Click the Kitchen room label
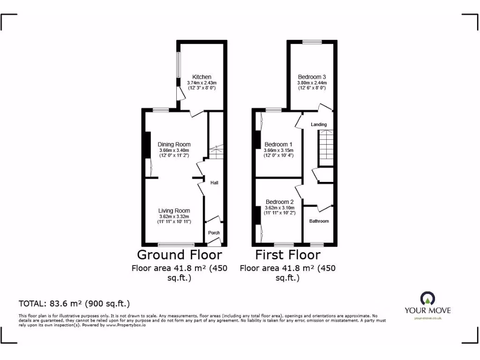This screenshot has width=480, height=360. tap(202, 77)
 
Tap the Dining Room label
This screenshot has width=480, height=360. tap(174, 144)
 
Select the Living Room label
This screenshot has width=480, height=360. tap(174, 211)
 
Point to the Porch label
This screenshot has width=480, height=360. tap(214, 233)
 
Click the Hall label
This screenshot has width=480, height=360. tap(214, 183)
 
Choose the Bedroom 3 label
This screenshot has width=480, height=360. tap(312, 77)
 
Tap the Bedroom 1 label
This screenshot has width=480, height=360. tap(278, 144)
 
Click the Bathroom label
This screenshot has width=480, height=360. tap(319, 221)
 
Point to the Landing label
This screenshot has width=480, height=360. tap(319, 124)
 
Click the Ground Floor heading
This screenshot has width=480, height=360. tap(179, 255)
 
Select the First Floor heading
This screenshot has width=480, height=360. tap(288, 255)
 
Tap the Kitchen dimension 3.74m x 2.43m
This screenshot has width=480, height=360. tap(202, 83)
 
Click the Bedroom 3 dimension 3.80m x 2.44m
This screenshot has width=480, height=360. tap(312, 83)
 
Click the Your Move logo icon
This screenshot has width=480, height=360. tap(427, 298)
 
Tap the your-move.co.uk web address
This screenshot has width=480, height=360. tap(427, 318)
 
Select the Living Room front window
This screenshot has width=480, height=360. tap(176, 244)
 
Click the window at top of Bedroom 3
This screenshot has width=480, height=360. tap(312, 42)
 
